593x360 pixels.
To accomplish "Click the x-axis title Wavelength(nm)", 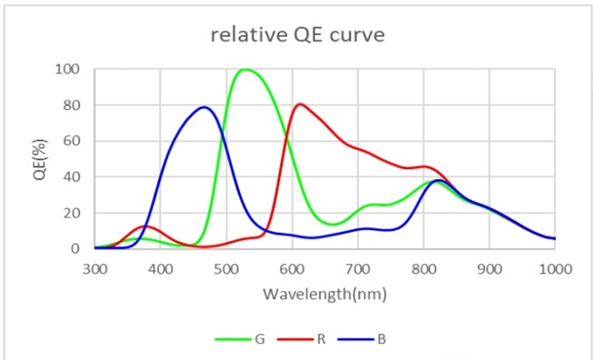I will coord(325,293).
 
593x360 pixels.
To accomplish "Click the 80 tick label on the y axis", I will coord(72,105).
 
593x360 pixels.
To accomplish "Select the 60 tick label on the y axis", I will coord(72,141).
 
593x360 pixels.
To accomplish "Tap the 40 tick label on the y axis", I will coord(72,177).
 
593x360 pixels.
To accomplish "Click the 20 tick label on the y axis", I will coord(72,213).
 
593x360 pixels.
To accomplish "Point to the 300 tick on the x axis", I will coord(95,268).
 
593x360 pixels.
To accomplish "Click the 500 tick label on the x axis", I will coord(226,268).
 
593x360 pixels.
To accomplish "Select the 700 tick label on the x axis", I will coord(358,268).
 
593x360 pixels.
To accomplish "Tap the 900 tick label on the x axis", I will coord(489,268).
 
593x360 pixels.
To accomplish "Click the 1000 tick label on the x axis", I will coord(553,268).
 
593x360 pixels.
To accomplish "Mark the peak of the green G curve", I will coord(245,69).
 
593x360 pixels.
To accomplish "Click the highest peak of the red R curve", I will coord(300,104).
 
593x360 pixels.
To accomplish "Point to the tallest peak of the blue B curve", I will coord(204,107).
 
